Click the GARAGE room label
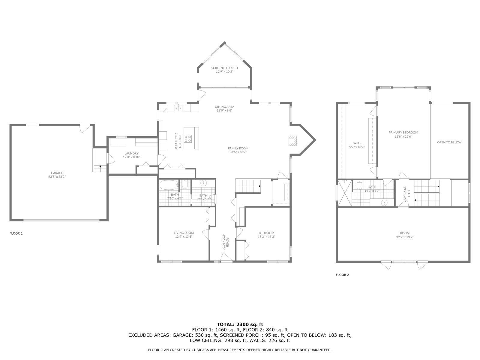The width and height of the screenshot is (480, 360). click(57, 173)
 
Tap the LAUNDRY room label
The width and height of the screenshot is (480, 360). click(131, 153)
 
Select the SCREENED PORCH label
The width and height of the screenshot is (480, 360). click(224, 68)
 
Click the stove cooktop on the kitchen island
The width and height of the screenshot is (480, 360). click(188, 138)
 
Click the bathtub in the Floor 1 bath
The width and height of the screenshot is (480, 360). click(169, 185)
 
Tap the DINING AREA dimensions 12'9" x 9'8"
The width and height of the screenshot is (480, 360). click(224, 110)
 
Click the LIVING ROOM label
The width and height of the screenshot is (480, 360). click(184, 233)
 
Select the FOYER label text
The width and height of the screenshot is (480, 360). click(227, 242)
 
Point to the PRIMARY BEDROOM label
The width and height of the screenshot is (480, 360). click(403, 133)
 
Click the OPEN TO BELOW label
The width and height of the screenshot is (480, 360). click(449, 142)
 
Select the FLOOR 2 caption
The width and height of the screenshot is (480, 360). click(342, 274)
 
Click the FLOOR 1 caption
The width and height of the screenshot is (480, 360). click(16, 233)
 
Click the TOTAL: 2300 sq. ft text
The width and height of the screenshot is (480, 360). click(240, 324)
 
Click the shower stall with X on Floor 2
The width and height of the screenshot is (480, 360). click(344, 193)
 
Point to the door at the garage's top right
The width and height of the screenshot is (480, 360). click(85, 128)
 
